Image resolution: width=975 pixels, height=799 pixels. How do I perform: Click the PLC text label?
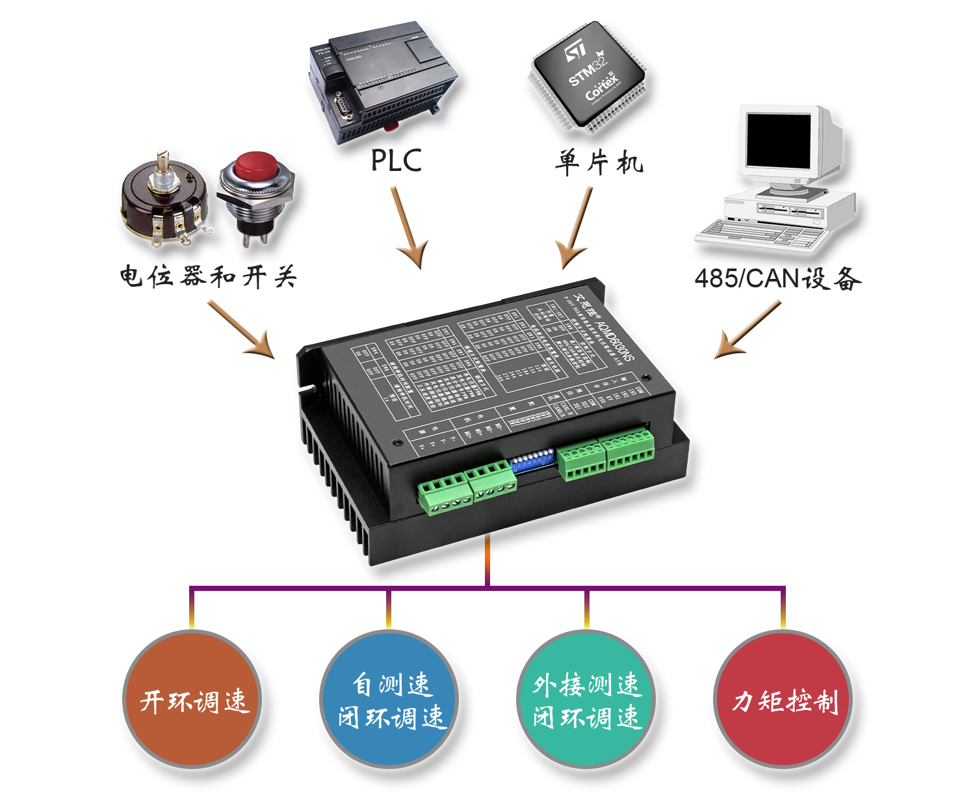396,161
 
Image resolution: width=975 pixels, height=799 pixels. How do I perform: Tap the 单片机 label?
598,162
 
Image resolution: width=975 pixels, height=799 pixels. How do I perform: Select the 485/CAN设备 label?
777,278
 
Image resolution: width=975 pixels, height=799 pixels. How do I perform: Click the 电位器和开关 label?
208,277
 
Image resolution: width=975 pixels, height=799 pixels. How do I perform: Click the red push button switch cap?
255,166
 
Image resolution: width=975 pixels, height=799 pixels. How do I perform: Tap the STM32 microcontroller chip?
588,75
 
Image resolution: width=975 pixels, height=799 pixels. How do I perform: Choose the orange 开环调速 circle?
192,700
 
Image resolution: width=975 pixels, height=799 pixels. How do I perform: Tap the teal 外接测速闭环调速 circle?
586,700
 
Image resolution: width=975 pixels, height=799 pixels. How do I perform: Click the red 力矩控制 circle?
783,700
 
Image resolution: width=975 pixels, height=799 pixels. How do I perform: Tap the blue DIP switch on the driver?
531,462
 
